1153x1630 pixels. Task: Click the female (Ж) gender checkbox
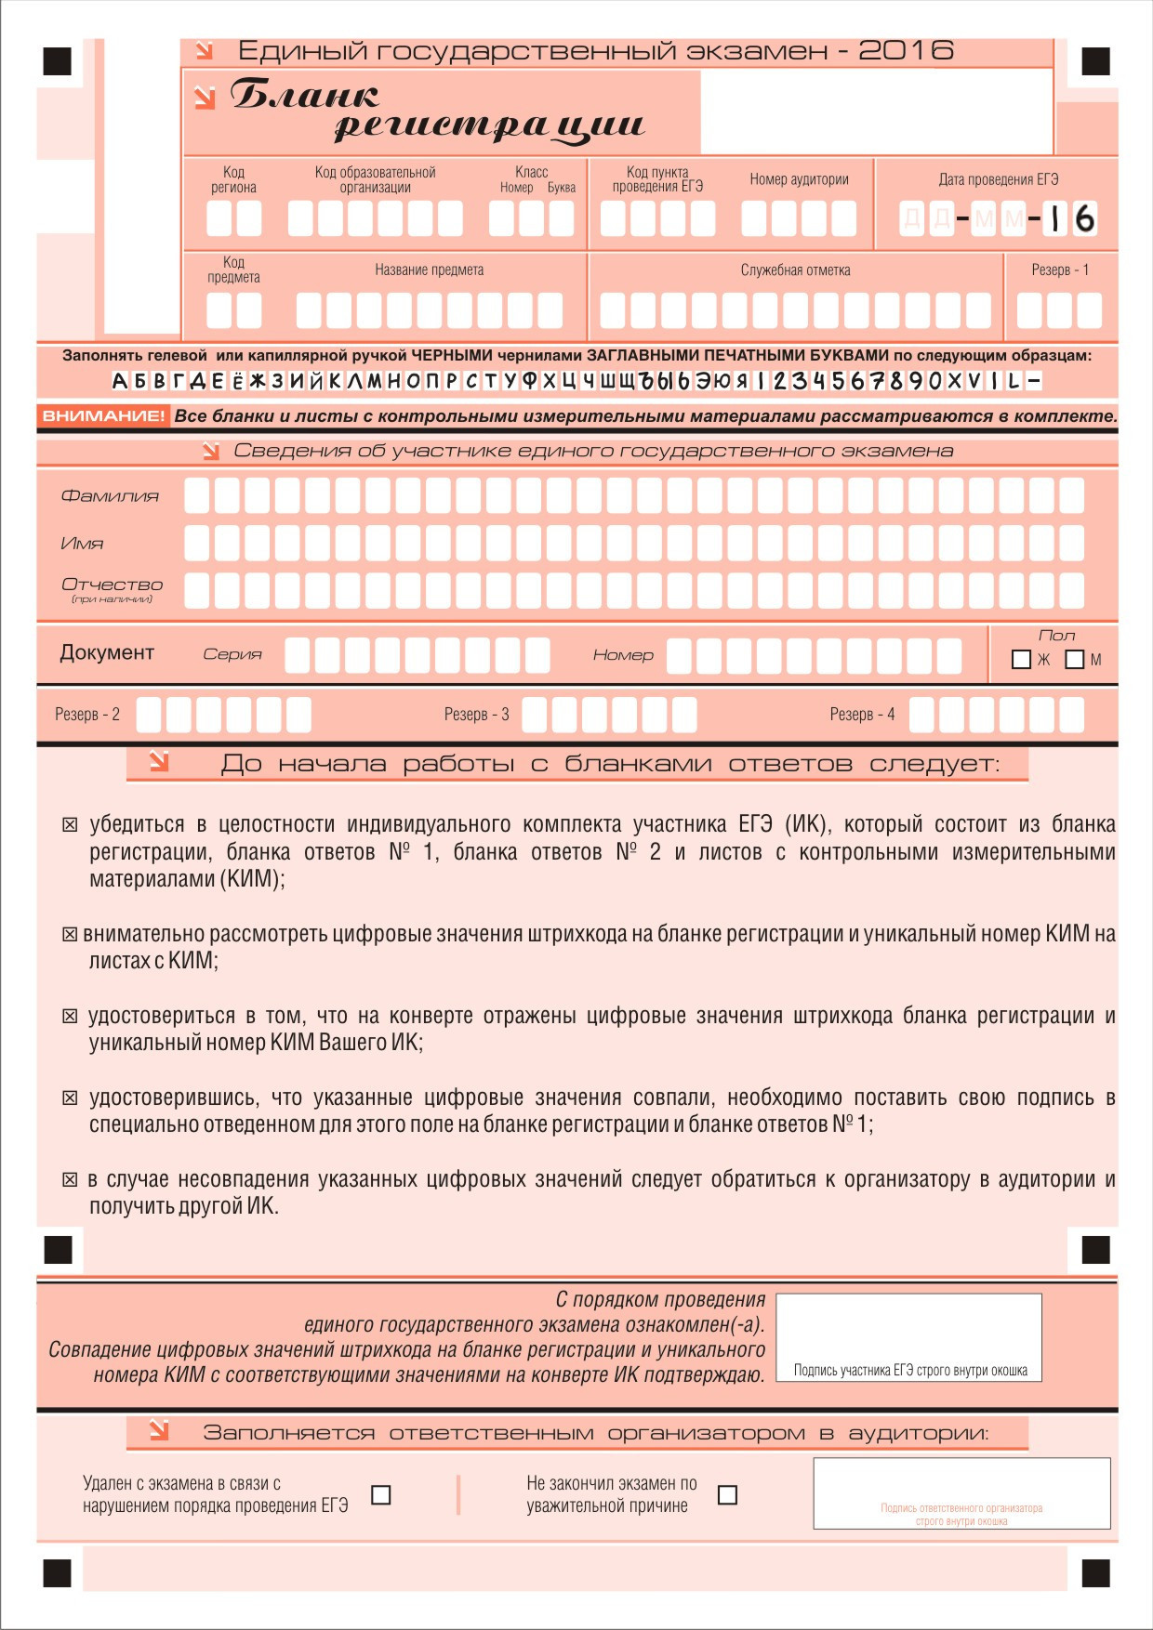coord(1021,660)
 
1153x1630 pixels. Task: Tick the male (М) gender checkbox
coord(1075,660)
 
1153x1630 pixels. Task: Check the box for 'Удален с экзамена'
coord(381,1494)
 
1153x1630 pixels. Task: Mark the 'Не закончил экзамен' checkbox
coord(728,1494)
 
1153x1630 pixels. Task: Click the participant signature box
coord(908,1336)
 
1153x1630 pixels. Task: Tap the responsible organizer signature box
coord(961,1492)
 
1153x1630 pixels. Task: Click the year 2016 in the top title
coord(906,50)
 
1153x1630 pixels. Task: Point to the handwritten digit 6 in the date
coord(1084,219)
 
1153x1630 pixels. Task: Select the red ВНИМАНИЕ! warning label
coord(103,416)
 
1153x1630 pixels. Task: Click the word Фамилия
coord(110,496)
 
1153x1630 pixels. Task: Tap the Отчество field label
coord(112,585)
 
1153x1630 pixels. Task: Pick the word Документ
coord(107,652)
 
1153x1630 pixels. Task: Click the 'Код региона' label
coord(233,179)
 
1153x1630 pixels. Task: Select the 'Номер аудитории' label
coord(799,179)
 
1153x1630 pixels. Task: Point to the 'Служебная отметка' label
coord(795,270)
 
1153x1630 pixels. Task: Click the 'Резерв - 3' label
coord(476,715)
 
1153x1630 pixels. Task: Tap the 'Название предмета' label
coord(429,270)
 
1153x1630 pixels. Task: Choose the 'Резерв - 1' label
coord(1060,270)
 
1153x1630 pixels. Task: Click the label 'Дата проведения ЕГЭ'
coord(998,179)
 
